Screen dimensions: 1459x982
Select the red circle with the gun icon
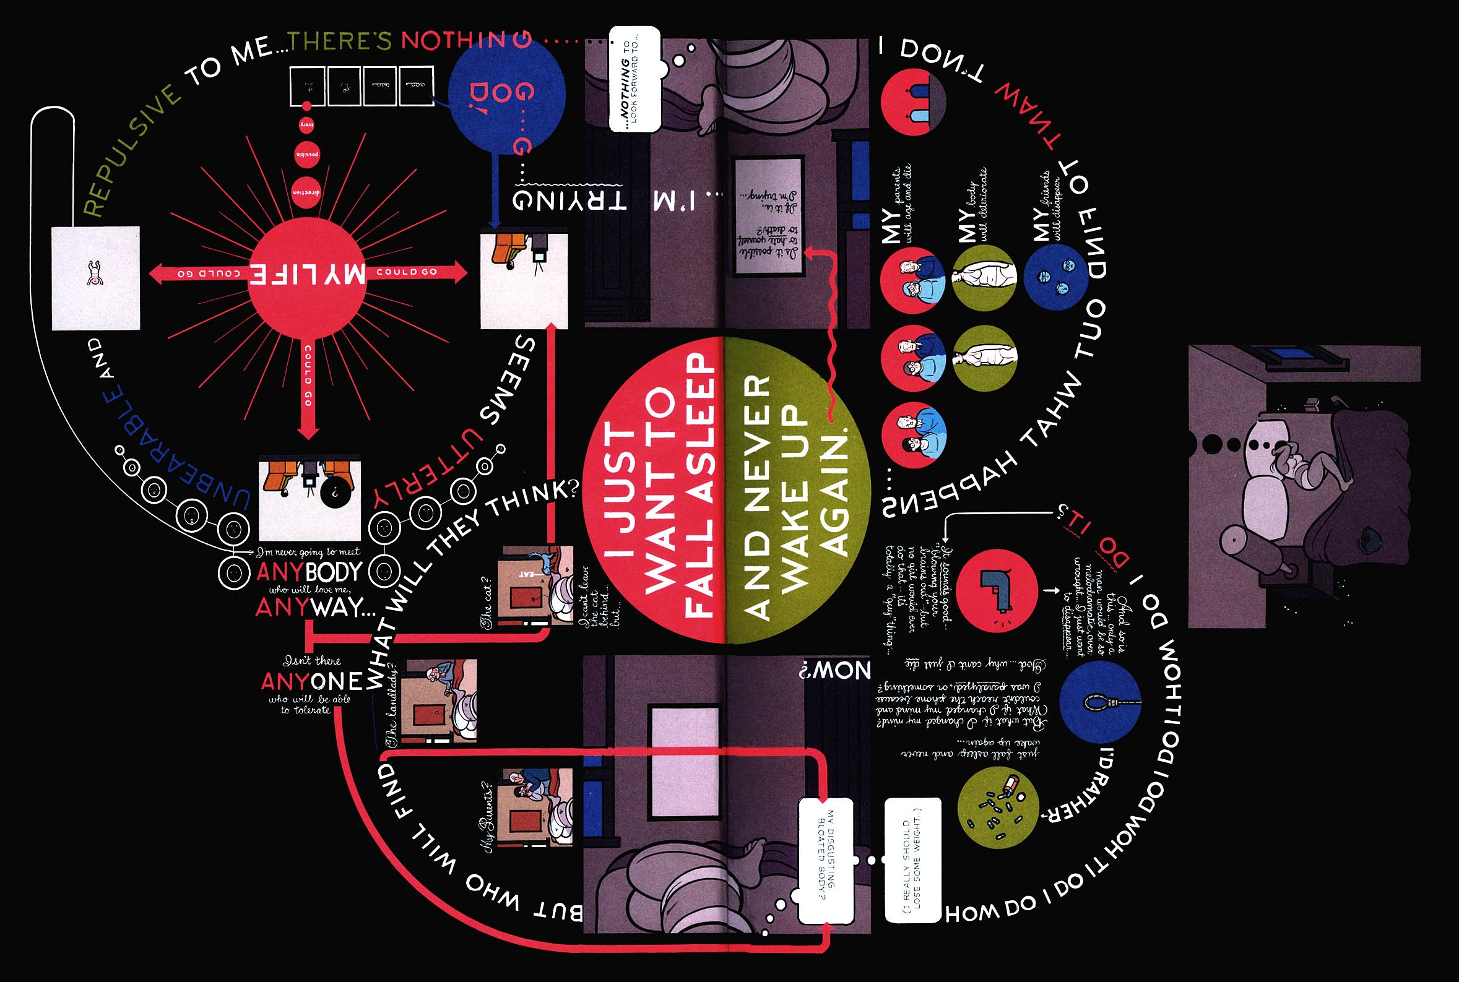point(997,590)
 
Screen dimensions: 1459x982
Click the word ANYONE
point(311,681)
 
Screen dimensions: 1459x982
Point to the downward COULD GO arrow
point(308,389)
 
